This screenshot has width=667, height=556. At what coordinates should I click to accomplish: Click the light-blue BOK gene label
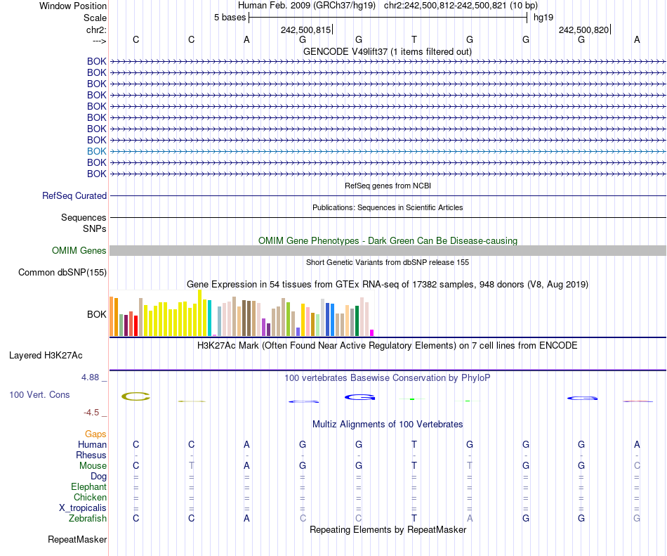pyautogui.click(x=97, y=151)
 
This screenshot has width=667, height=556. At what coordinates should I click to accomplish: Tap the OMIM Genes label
pyautogui.click(x=79, y=251)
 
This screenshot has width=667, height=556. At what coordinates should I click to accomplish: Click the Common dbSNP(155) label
pyautogui.click(x=62, y=273)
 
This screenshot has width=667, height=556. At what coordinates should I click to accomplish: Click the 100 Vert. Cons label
pyautogui.click(x=39, y=395)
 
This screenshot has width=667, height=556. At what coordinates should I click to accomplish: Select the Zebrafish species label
pyautogui.click(x=89, y=519)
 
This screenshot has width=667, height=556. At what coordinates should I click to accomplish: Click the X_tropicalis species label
pyautogui.click(x=83, y=508)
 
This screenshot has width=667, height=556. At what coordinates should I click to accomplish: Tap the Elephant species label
pyautogui.click(x=88, y=487)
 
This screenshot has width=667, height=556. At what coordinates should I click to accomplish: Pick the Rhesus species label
pyautogui.click(x=91, y=455)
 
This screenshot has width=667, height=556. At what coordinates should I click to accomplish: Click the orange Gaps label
pyautogui.click(x=95, y=434)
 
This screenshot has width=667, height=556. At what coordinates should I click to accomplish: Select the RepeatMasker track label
pyautogui.click(x=77, y=540)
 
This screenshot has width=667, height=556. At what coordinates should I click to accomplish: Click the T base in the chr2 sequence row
pyautogui.click(x=414, y=39)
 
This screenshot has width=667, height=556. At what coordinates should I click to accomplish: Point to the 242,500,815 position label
pyautogui.click(x=305, y=30)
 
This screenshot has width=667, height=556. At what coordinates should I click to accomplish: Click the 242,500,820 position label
pyautogui.click(x=583, y=30)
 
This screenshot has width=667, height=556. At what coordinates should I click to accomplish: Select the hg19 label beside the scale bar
pyautogui.click(x=543, y=17)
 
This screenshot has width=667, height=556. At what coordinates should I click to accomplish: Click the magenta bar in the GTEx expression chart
pyautogui.click(x=372, y=332)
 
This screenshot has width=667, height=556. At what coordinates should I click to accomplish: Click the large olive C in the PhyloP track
pyautogui.click(x=136, y=397)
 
